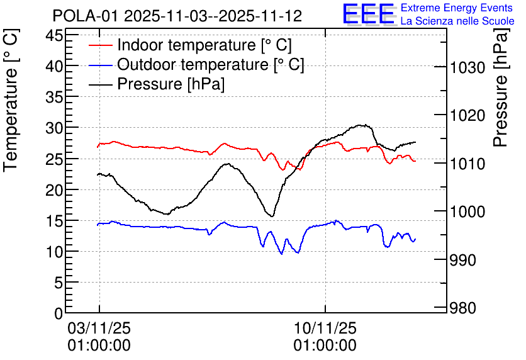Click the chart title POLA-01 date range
pyautogui.click(x=177, y=16)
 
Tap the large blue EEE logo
pyautogui.click(x=368, y=14)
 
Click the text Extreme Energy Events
pyautogui.click(x=457, y=8)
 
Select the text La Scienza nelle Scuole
pyautogui.click(x=457, y=21)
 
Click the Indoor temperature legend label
pyautogui.click(x=204, y=45)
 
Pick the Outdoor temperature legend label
pyautogui.click(x=211, y=64)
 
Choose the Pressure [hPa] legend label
pyautogui.click(x=171, y=84)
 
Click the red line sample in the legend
pyautogui.click(x=101, y=45)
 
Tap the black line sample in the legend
pyautogui.click(x=101, y=84)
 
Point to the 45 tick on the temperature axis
pyautogui.click(x=55, y=35)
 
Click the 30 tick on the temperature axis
pyautogui.click(x=55, y=128)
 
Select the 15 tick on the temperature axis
pyautogui.click(x=55, y=221)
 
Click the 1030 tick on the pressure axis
pyautogui.click(x=467, y=68)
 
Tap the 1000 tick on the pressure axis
pyautogui.click(x=467, y=211)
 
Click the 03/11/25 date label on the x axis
pyautogui.click(x=99, y=329)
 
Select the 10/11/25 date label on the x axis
pyautogui.click(x=325, y=329)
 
